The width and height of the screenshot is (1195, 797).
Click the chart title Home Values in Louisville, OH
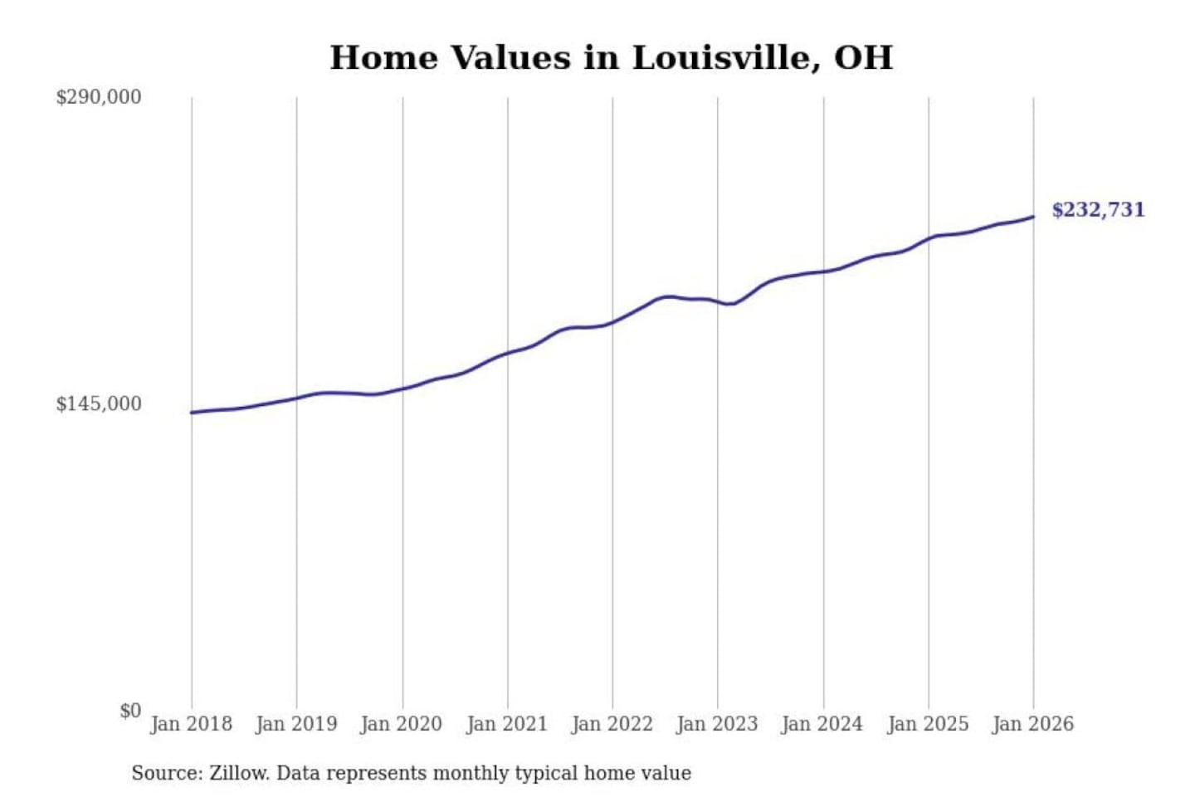[x=611, y=58]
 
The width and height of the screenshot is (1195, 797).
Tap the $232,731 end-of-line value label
[x=1098, y=210]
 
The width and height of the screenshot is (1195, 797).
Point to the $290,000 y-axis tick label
[x=98, y=97]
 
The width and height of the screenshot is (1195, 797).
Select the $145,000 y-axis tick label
[x=98, y=404]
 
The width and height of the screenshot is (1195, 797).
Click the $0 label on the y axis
[x=130, y=711]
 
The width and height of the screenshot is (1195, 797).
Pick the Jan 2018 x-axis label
[x=191, y=724]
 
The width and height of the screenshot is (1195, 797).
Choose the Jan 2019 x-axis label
[x=296, y=724]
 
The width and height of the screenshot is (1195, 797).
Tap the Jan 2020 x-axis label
[x=402, y=724]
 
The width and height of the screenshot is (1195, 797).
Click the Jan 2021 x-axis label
[x=507, y=724]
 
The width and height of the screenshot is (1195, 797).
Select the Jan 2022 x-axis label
[x=612, y=724]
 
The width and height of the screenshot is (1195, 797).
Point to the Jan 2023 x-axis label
[x=717, y=724]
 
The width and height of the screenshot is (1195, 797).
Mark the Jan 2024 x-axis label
[x=822, y=724]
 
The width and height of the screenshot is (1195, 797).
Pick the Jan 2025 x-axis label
[x=928, y=724]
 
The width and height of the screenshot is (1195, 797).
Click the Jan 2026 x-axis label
[x=1033, y=724]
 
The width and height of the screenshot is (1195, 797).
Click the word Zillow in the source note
[x=238, y=774]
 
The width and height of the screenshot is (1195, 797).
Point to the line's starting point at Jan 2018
[x=192, y=413]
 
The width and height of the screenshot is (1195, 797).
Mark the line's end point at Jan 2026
[x=1033, y=217]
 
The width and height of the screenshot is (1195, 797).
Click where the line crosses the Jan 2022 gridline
[x=613, y=321]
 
